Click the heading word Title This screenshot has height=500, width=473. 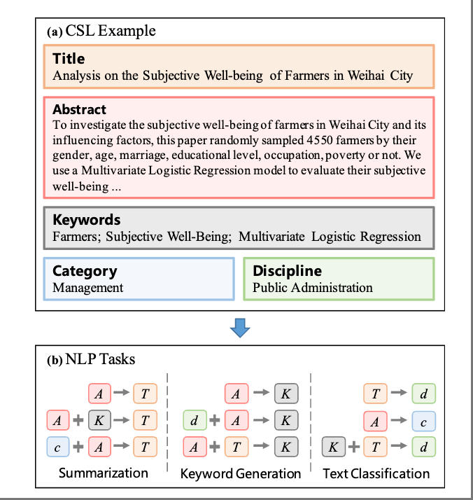pos(69,59)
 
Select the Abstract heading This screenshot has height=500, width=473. pos(79,109)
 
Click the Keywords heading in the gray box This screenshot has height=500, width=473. pos(86,220)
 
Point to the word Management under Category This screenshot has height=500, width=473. pos(87,287)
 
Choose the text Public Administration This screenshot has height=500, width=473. pos(312,287)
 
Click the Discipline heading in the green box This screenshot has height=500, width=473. pos(287,271)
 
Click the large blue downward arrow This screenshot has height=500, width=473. pos(240,327)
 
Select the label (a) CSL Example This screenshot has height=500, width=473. pos(101,31)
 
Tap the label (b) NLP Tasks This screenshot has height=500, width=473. pos(91,360)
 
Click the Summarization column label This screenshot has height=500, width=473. pos(103,473)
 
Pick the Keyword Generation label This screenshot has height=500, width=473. pos(241,473)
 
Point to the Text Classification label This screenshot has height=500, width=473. pos(376,473)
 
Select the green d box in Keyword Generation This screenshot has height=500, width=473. pos(195,421)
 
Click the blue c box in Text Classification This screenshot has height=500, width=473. pos(424,421)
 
